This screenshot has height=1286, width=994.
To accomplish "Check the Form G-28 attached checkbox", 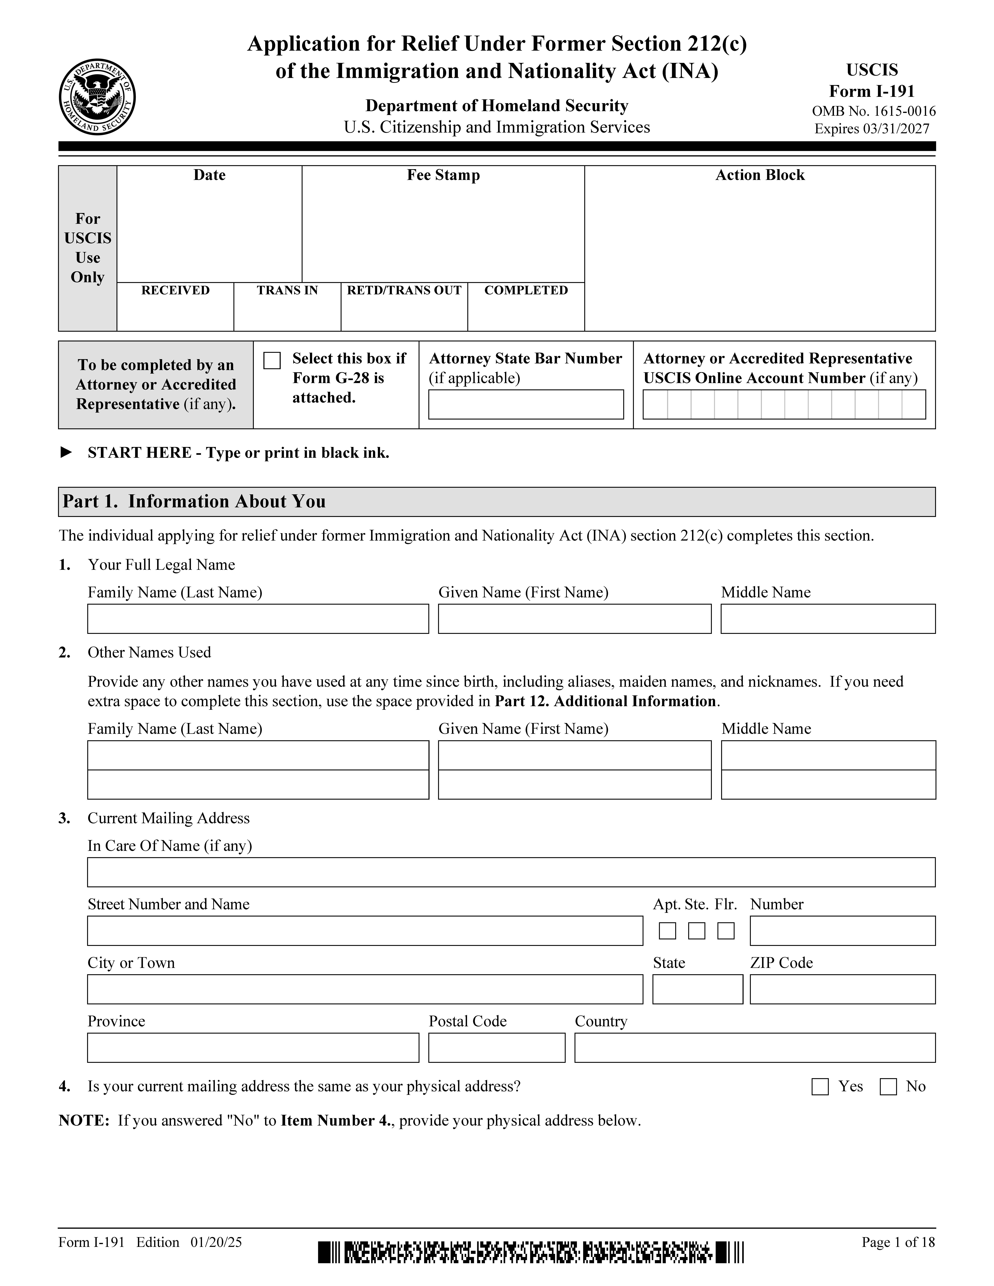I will tap(272, 360).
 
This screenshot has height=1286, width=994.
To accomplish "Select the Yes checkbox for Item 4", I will tap(820, 1086).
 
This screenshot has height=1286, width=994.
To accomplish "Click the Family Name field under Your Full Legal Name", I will tap(258, 619).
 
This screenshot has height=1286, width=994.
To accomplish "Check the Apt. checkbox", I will tap(667, 931).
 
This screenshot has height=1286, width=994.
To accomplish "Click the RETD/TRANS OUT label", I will tap(404, 290).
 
